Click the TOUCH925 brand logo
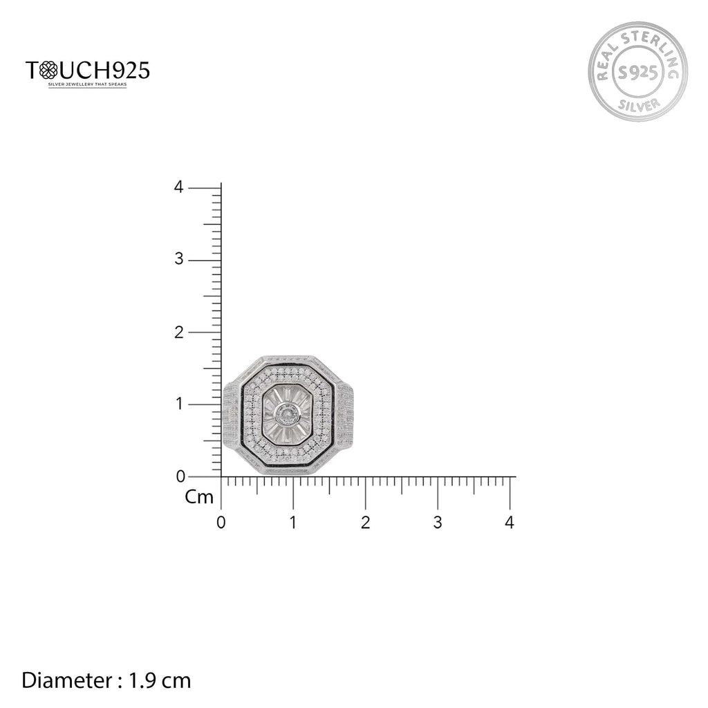87,70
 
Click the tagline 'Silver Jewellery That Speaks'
87,85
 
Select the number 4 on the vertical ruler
178,187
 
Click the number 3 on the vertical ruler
178,260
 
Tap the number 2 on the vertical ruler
178,332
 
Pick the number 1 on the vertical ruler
178,404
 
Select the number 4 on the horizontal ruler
510,523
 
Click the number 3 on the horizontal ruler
437,523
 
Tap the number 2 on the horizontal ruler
365,523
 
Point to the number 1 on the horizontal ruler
293,523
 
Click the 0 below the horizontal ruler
221,523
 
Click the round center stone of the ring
286,415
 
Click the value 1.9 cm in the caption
160,680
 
